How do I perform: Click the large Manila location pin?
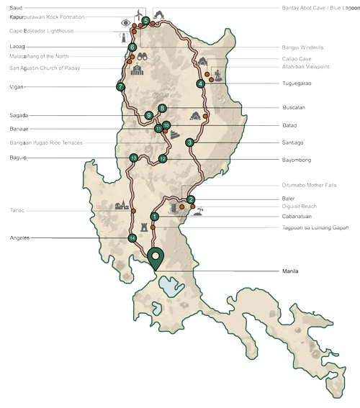coord(155,256)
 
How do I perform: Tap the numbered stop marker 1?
coord(154,217)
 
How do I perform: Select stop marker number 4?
coord(200,84)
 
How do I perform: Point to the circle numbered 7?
coord(120,87)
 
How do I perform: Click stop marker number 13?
coord(133,158)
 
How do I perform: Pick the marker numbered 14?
coord(132,237)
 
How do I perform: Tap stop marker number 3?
coord(189,142)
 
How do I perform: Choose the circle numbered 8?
coord(163,109)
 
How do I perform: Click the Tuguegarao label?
coord(296,83)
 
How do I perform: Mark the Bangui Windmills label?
coord(302,47)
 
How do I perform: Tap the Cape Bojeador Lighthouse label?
coord(41,32)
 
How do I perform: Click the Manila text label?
coord(289,271)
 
